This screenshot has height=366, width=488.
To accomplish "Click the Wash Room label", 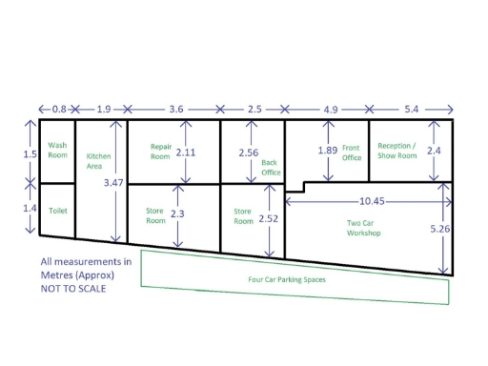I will pos(57,150).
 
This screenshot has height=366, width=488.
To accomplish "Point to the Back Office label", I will pos(271,168).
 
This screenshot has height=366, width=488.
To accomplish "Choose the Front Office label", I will pos(352,152).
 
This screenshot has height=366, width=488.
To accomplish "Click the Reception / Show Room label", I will pos(397,151).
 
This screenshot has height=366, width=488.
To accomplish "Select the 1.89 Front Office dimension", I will pos(327,151).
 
